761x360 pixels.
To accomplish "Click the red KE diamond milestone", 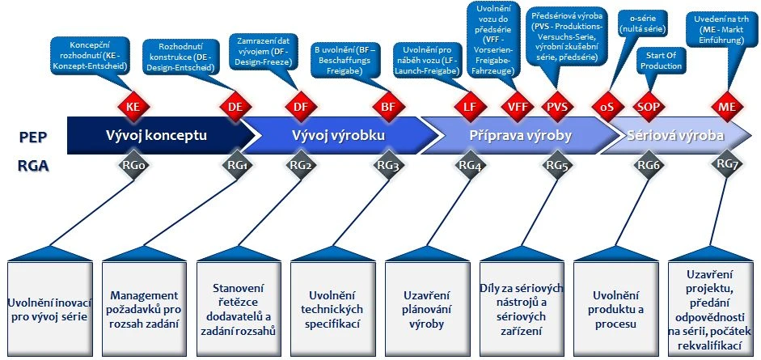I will (x=133, y=107).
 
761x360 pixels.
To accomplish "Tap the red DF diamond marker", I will (x=300, y=107).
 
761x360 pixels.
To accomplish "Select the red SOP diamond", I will (x=648, y=107).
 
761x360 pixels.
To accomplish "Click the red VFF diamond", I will (x=514, y=107).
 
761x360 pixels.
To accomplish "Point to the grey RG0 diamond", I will (x=133, y=165).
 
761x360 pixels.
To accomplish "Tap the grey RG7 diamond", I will (x=725, y=164).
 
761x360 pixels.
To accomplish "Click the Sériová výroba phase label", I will (x=675, y=135).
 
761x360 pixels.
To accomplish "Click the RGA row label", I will (x=32, y=166).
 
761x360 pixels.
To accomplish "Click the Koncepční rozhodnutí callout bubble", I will (x=89, y=53).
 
